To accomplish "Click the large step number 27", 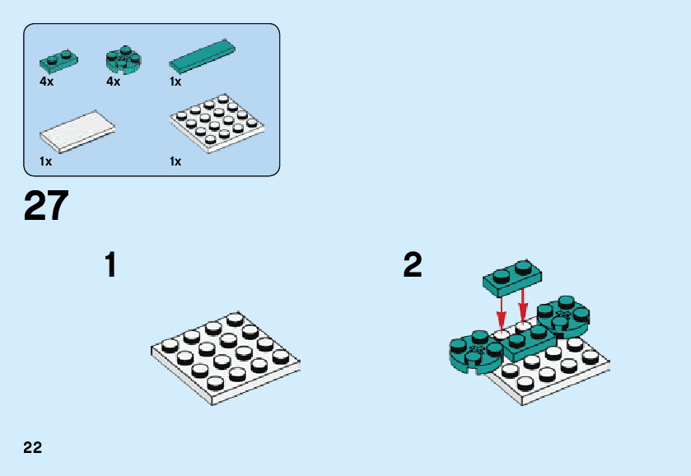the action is [x=46, y=207].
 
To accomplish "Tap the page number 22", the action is [x=33, y=448].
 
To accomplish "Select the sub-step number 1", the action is [x=110, y=265].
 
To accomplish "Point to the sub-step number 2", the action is [x=413, y=265].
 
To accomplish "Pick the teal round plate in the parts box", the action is [x=124, y=59].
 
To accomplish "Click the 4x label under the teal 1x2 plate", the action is [x=46, y=82].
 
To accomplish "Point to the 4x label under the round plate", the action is [x=114, y=82].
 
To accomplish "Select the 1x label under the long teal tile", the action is [x=175, y=82].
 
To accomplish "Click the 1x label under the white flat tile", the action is [x=46, y=161].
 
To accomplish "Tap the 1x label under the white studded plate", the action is [x=175, y=161].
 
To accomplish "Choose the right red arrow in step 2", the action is [x=523, y=306].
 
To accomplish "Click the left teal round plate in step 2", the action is [x=475, y=352].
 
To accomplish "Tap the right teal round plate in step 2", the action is [x=563, y=315].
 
